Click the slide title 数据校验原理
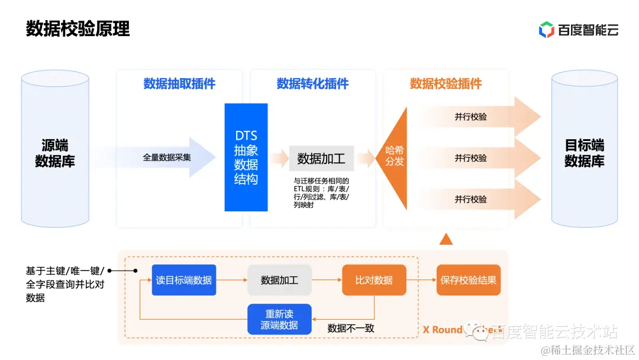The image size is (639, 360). pyautogui.click(x=78, y=28)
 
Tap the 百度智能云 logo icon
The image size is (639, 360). pyautogui.click(x=546, y=30)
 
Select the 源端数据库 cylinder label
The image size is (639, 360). pyautogui.click(x=55, y=153)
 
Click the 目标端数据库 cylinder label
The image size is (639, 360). pyautogui.click(x=584, y=153)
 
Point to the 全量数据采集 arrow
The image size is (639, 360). pyautogui.click(x=172, y=157)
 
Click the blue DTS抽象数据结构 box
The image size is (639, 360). pyautogui.click(x=246, y=157)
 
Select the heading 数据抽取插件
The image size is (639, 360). pyautogui.click(x=179, y=83)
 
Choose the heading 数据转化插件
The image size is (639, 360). pyautogui.click(x=312, y=83)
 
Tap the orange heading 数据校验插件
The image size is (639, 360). pyautogui.click(x=446, y=83)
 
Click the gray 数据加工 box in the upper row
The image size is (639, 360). pyautogui.click(x=321, y=159)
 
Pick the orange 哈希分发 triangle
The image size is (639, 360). pyautogui.click(x=395, y=157)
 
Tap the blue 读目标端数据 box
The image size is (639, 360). pyautogui.click(x=184, y=280)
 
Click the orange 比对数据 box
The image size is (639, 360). pyautogui.click(x=374, y=280)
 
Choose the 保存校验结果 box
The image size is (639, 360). pyautogui.click(x=469, y=280)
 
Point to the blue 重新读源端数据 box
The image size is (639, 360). pyautogui.click(x=279, y=319)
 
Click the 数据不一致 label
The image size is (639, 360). pyautogui.click(x=351, y=327)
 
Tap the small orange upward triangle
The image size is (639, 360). pyautogui.click(x=447, y=239)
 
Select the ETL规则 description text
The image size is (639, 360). pyautogui.click(x=322, y=193)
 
